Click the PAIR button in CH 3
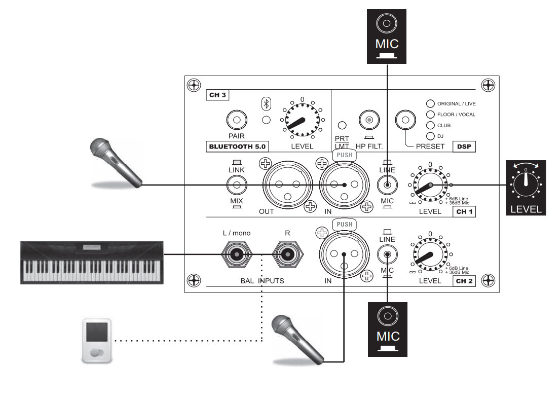[236, 120]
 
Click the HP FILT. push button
[369, 120]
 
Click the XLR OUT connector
[287, 185]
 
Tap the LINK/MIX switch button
[236, 186]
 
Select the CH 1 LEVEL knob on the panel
[431, 185]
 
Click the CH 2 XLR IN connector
[343, 254]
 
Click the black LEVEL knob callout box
[526, 188]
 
